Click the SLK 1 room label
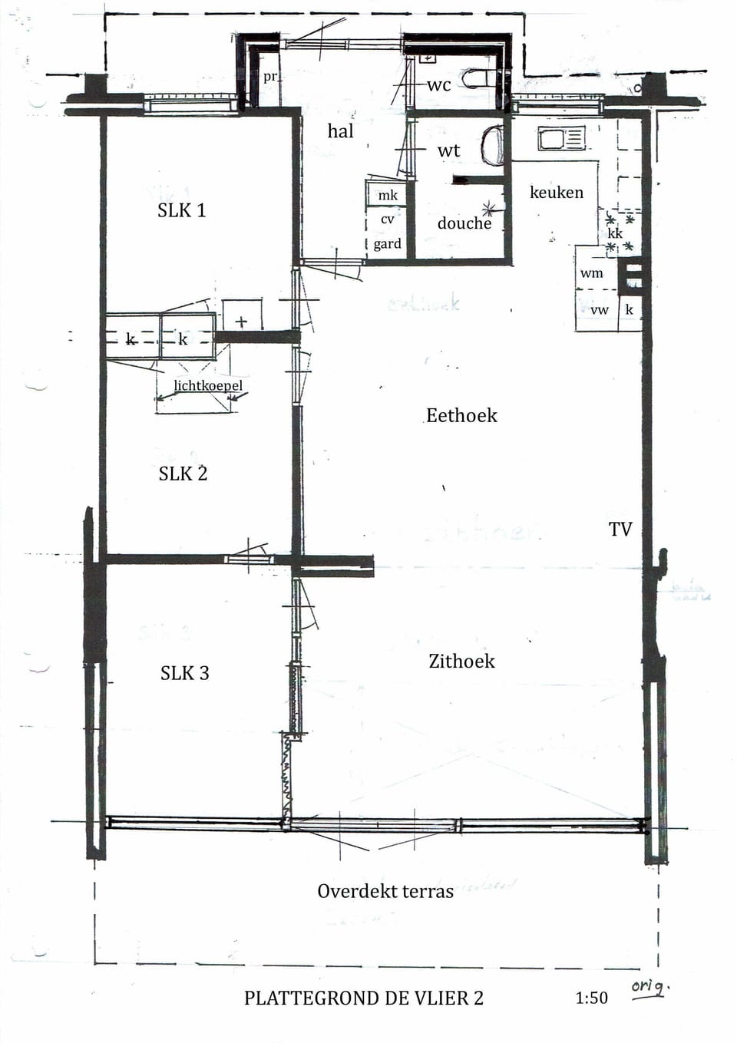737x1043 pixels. [x=182, y=210]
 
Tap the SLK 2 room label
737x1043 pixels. [x=183, y=474]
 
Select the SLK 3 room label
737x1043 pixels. [x=184, y=673]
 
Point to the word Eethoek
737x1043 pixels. [x=461, y=415]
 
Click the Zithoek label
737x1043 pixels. [x=461, y=661]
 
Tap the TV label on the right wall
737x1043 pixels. [x=620, y=529]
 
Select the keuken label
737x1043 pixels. [x=557, y=192]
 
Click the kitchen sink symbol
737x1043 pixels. [x=561, y=139]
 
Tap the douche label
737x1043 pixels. [x=464, y=223]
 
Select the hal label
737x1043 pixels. [x=340, y=131]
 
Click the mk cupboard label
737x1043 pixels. [x=388, y=196]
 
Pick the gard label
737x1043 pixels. [x=387, y=244]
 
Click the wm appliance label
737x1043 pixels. [x=591, y=273]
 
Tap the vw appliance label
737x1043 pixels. [x=599, y=310]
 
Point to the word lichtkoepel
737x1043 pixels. [x=207, y=385]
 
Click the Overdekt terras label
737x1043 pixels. [x=385, y=891]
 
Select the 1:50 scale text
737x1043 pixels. [x=591, y=998]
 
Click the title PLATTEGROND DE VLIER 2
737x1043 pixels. [x=364, y=998]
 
